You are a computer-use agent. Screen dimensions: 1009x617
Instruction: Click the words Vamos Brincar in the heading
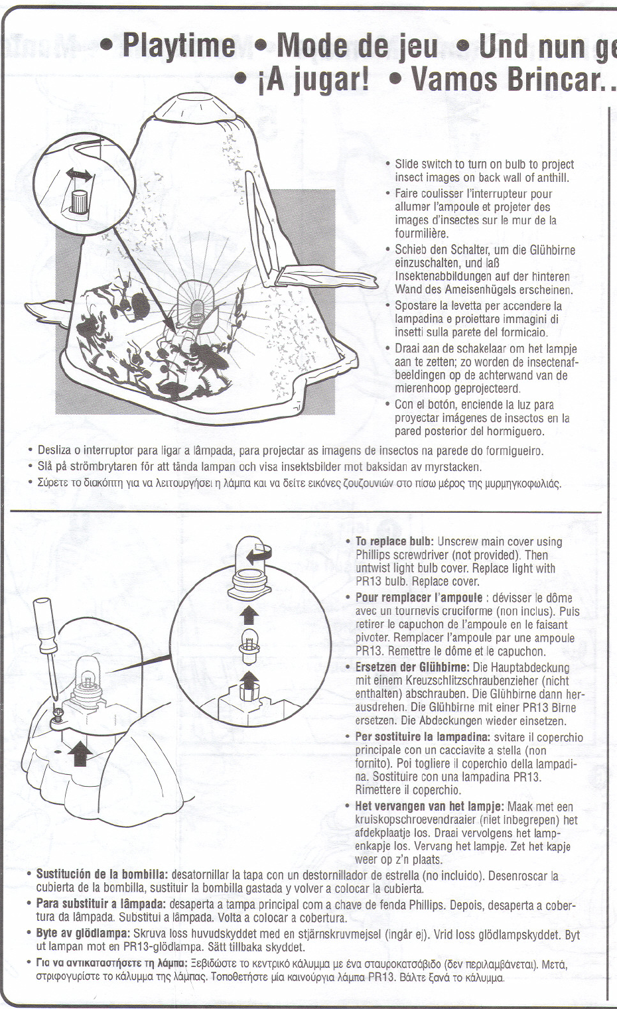(x=504, y=80)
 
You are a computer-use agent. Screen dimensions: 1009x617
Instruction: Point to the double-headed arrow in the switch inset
(x=80, y=174)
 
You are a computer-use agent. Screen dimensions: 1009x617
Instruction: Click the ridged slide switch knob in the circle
(x=79, y=200)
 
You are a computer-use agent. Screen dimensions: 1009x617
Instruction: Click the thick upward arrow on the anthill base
(x=80, y=753)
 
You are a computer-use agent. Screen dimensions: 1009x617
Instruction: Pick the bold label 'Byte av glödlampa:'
(x=82, y=933)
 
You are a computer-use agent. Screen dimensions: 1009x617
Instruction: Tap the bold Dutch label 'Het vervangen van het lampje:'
(x=430, y=806)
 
